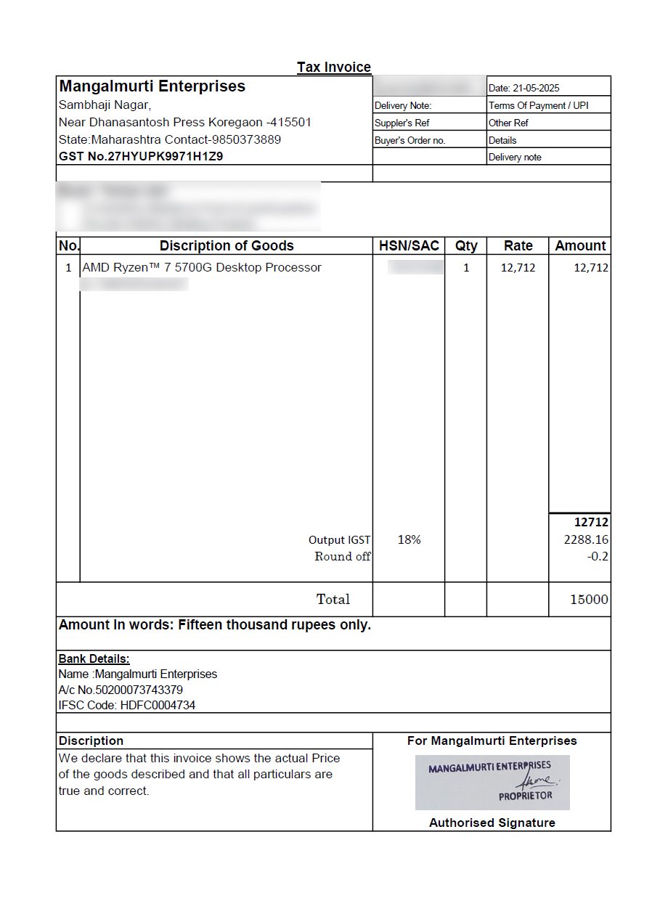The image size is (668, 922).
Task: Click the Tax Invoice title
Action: (x=334, y=68)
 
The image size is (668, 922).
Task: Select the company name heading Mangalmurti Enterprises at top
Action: (x=152, y=86)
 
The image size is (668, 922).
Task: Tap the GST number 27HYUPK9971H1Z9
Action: (x=141, y=156)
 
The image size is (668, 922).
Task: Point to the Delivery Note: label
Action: (x=403, y=106)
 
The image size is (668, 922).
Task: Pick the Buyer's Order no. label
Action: (x=410, y=141)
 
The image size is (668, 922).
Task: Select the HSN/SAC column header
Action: (x=409, y=246)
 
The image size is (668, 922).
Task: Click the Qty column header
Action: (x=466, y=246)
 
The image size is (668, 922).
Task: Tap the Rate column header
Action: (x=518, y=246)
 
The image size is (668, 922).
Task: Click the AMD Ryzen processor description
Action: (x=202, y=268)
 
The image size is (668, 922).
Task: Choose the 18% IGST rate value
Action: (x=409, y=539)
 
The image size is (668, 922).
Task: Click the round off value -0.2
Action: (x=598, y=557)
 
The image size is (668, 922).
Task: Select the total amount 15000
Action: (x=589, y=600)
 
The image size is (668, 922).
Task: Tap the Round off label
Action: (x=342, y=557)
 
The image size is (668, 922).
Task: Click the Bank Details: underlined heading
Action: (x=94, y=659)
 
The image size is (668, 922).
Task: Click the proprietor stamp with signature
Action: (x=492, y=783)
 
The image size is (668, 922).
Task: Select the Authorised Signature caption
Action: (x=492, y=823)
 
